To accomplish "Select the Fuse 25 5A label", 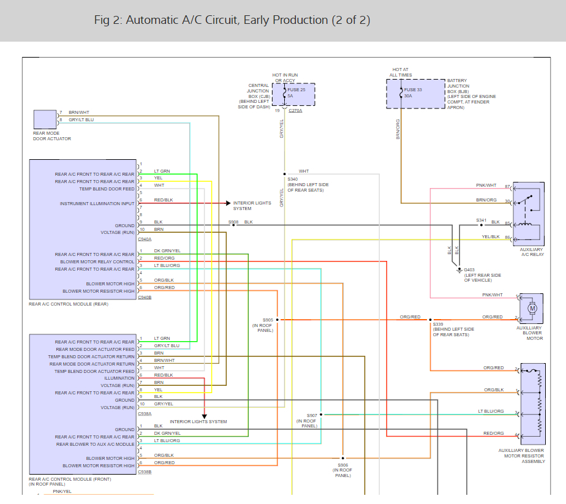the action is (x=296, y=92).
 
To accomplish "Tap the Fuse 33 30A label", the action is (x=413, y=92).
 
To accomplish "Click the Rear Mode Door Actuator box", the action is (x=45, y=119).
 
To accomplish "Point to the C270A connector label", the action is (x=295, y=111).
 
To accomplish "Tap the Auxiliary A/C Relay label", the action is (x=532, y=252).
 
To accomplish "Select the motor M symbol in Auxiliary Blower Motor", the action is (x=532, y=309).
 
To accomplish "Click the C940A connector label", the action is (x=145, y=239).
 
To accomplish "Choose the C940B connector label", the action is (x=145, y=297).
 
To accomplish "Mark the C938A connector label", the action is (x=145, y=414).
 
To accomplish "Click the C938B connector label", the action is (x=145, y=472).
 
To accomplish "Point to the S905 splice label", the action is (x=268, y=320).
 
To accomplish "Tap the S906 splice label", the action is (x=343, y=465).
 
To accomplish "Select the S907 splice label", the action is (x=312, y=416).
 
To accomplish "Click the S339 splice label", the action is (x=438, y=325).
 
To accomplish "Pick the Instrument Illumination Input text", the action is (x=97, y=203).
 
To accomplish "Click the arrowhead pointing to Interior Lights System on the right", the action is (x=228, y=203).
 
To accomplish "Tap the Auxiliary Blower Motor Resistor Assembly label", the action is (x=522, y=456).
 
